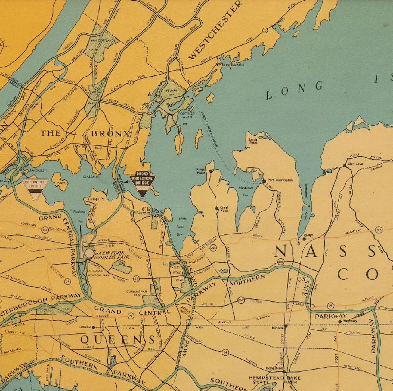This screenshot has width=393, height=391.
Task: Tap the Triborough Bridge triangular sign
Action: point(35,187)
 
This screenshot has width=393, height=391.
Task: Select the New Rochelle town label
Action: point(233,65)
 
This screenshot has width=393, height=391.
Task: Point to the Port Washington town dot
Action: point(264,181)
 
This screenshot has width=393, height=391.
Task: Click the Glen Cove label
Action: point(355,164)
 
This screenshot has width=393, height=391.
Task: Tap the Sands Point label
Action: point(253,141)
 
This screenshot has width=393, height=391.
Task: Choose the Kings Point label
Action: point(201,171)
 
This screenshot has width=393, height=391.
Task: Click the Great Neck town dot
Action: point(217,208)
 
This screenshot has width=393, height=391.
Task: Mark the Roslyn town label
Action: point(308,235)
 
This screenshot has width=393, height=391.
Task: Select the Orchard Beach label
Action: point(187,115)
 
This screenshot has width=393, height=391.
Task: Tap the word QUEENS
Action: point(117,339)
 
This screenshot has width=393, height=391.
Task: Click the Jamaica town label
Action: point(85,327)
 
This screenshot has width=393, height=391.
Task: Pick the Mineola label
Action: point(277,328)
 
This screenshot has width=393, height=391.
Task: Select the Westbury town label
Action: point(350,321)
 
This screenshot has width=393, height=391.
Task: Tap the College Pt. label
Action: point(96,199)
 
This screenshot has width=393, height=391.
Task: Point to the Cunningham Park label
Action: point(137,293)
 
